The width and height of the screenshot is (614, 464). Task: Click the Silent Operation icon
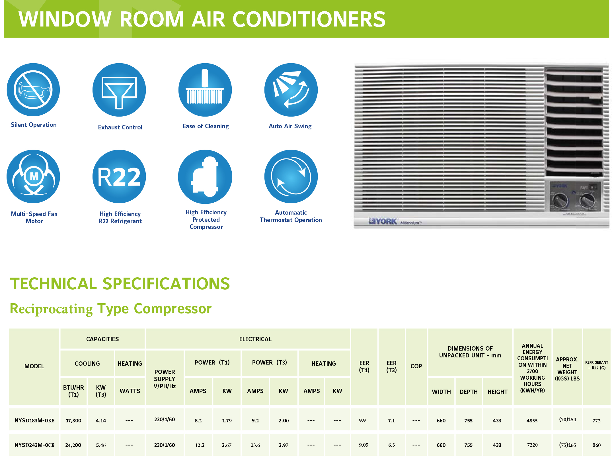coord(33,90)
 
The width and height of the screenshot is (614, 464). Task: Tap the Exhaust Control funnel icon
coord(119,90)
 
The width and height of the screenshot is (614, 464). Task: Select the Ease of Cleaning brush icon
coord(205,90)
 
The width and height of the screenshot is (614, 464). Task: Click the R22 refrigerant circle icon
coord(119,176)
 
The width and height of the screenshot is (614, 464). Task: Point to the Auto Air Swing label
coord(290,126)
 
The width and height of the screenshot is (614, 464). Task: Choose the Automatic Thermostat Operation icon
coord(291,176)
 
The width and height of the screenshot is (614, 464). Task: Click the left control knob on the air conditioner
coord(560,200)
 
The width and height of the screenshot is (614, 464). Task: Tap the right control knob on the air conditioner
coord(587,200)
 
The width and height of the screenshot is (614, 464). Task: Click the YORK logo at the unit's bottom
coord(383,221)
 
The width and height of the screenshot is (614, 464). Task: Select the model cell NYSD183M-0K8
coord(34,420)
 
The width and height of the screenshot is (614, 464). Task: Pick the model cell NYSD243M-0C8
coord(34,445)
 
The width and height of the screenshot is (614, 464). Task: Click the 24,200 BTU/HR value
coord(73,445)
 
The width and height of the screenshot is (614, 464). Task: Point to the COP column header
coord(416,366)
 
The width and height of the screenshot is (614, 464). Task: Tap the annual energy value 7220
coord(532,445)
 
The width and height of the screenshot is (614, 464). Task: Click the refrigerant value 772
coord(596,420)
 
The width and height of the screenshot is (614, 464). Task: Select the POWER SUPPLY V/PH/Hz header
coord(165,379)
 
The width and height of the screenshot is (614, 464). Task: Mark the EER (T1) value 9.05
coord(364,445)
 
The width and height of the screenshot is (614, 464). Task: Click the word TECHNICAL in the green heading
coord(54,284)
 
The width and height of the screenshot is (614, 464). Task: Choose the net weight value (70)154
coord(567,420)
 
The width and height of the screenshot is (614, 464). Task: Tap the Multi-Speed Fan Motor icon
coord(33,176)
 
